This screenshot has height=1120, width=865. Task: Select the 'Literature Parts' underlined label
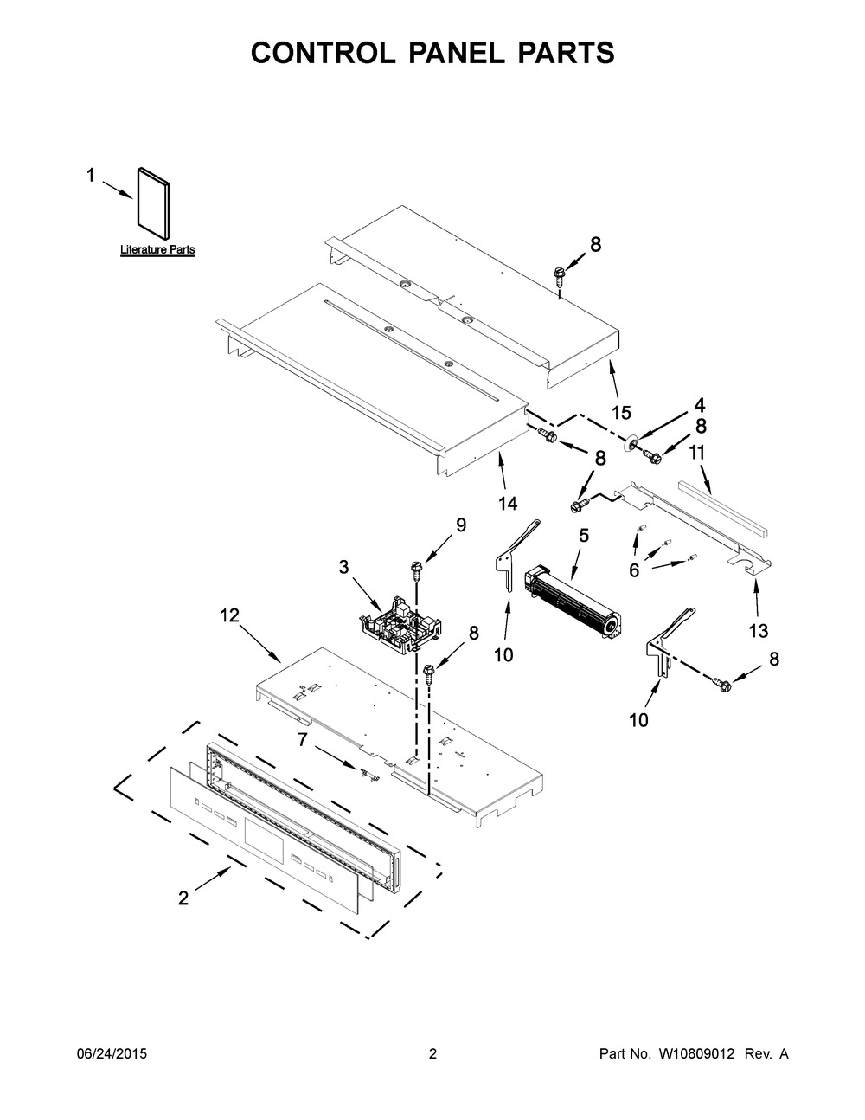(157, 250)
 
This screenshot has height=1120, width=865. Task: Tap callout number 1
(90, 176)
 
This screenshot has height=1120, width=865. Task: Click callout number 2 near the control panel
(183, 898)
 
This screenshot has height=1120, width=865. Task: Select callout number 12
(228, 615)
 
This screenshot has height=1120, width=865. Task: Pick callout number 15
(621, 412)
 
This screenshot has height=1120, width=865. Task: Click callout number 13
(758, 631)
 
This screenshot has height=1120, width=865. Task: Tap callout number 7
(302, 739)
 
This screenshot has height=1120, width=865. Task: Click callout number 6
(634, 570)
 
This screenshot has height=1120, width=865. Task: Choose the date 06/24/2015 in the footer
(112, 1054)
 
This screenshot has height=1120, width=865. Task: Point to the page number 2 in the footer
(432, 1054)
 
